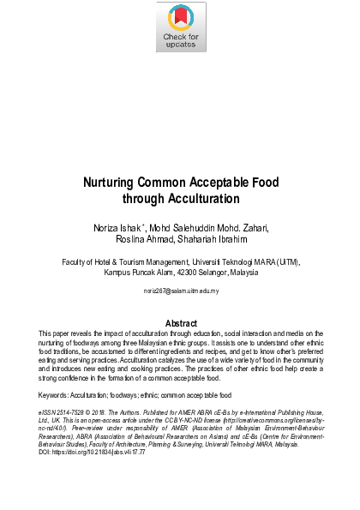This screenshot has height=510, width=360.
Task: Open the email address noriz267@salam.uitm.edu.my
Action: (180, 291)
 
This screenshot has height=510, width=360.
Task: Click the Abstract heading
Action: (180, 322)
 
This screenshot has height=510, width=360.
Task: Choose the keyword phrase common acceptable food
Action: (203, 395)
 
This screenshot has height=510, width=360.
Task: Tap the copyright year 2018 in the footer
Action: (111, 412)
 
